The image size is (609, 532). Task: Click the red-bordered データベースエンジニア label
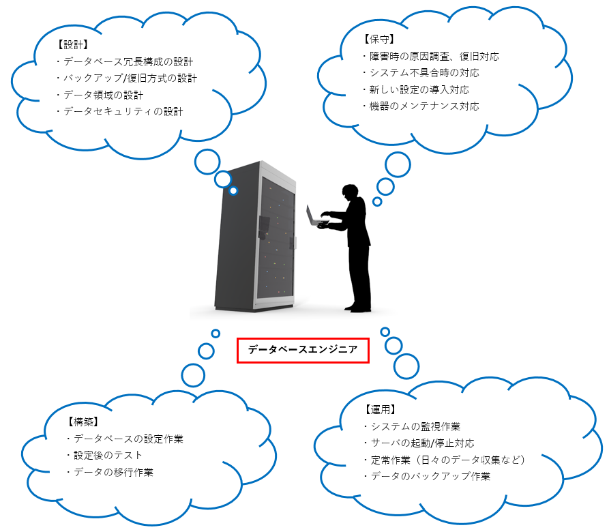point(303,350)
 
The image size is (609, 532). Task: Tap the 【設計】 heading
point(71,45)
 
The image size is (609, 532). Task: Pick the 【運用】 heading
point(379,410)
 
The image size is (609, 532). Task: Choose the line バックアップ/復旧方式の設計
point(127,78)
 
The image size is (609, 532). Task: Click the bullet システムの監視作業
point(413,427)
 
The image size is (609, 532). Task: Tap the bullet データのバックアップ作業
point(427,477)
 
